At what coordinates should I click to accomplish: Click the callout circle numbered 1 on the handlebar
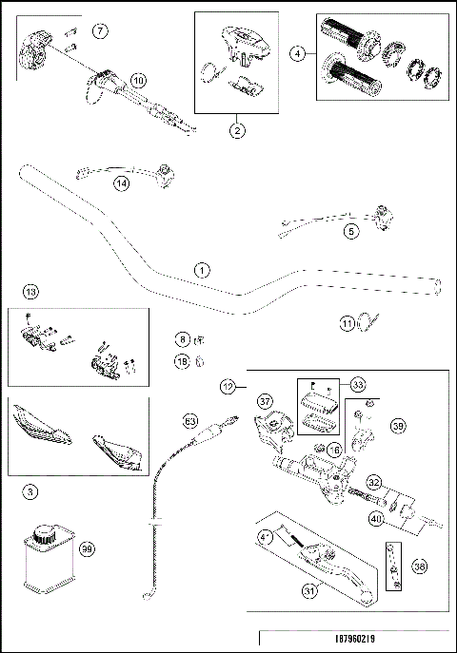pyautogui.click(x=201, y=269)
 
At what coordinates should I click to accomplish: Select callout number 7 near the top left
pyautogui.click(x=100, y=31)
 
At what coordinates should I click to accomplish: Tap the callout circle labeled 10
pyautogui.click(x=138, y=82)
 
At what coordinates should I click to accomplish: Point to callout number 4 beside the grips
pyautogui.click(x=299, y=53)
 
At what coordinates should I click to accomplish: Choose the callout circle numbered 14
pyautogui.click(x=120, y=183)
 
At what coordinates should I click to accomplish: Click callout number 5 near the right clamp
pyautogui.click(x=351, y=230)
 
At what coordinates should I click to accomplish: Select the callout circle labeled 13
pyautogui.click(x=31, y=290)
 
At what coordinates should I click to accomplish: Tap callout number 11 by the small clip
pyautogui.click(x=347, y=323)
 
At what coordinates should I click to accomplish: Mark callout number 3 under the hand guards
pyautogui.click(x=31, y=491)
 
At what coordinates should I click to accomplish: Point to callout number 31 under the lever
pyautogui.click(x=308, y=590)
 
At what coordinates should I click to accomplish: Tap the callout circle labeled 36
pyautogui.click(x=420, y=566)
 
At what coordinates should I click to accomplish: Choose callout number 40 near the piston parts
pyautogui.click(x=378, y=519)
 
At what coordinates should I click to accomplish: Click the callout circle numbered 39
pyautogui.click(x=397, y=428)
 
